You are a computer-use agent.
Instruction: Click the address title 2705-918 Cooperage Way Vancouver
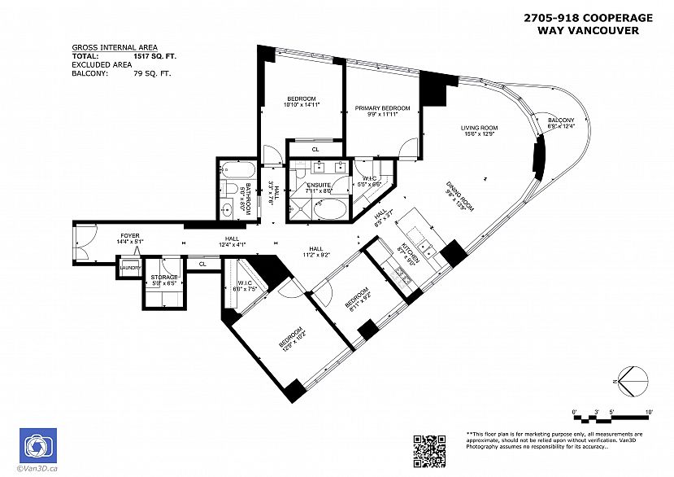pyautogui.click(x=587, y=24)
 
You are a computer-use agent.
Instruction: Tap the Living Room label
pyautogui.click(x=479, y=128)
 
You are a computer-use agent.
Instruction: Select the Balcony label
pyautogui.click(x=561, y=119)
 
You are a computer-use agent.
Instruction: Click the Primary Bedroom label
pyautogui.click(x=382, y=108)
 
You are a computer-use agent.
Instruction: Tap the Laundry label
pyautogui.click(x=131, y=268)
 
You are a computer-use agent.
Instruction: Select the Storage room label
pyautogui.click(x=163, y=278)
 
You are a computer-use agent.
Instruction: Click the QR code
pyautogui.click(x=430, y=450)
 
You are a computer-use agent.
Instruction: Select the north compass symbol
pyautogui.click(x=633, y=379)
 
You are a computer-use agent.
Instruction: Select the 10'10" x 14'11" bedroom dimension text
pyautogui.click(x=300, y=105)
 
